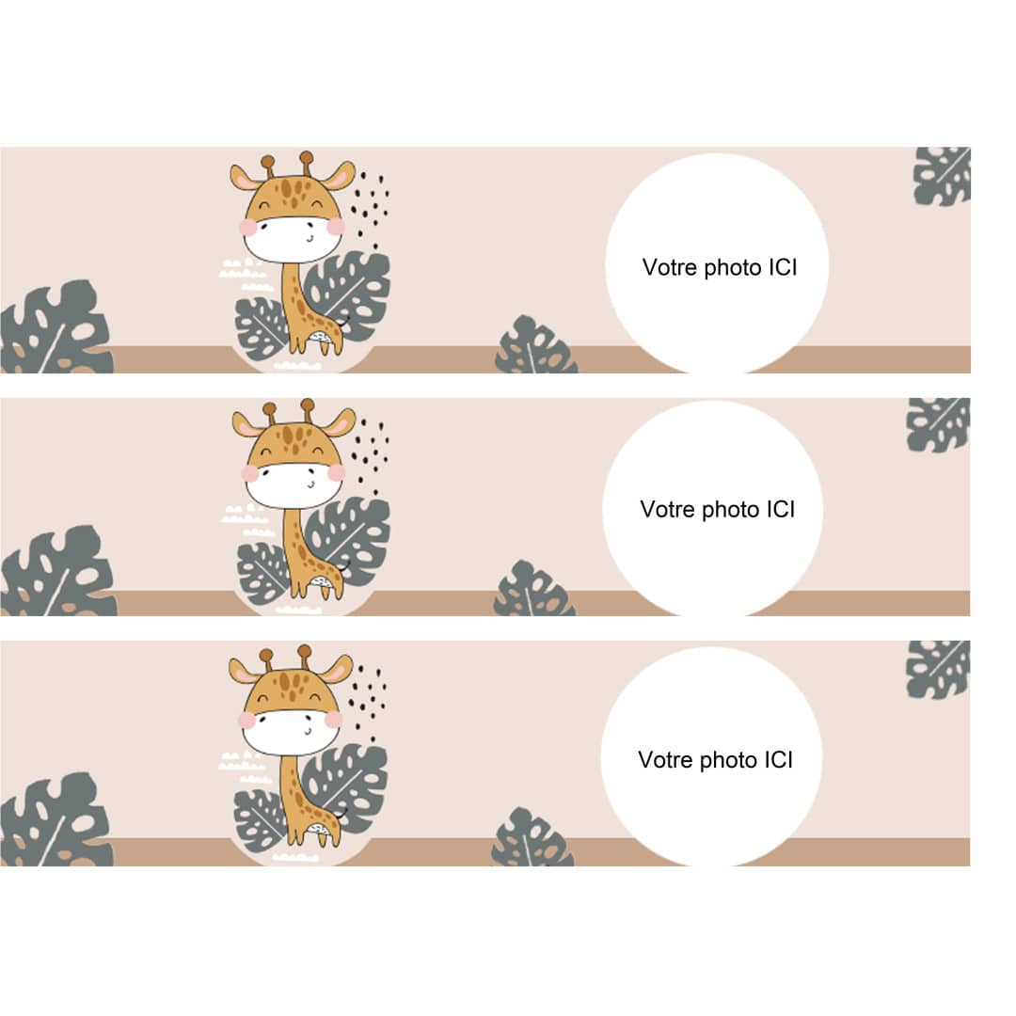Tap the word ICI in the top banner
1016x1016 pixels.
[783, 267]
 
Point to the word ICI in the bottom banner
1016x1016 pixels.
[779, 759]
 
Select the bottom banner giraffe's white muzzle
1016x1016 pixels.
[291, 732]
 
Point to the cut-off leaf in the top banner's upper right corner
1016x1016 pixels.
[942, 176]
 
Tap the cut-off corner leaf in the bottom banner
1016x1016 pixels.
[938, 670]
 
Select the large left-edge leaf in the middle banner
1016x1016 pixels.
[58, 572]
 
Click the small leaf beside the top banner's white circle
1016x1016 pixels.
[535, 345]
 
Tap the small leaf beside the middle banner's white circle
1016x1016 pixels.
[534, 589]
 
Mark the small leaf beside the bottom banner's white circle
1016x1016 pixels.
[532, 837]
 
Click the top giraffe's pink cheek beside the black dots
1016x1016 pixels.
[336, 226]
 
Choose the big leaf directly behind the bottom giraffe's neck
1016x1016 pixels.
[346, 788]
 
